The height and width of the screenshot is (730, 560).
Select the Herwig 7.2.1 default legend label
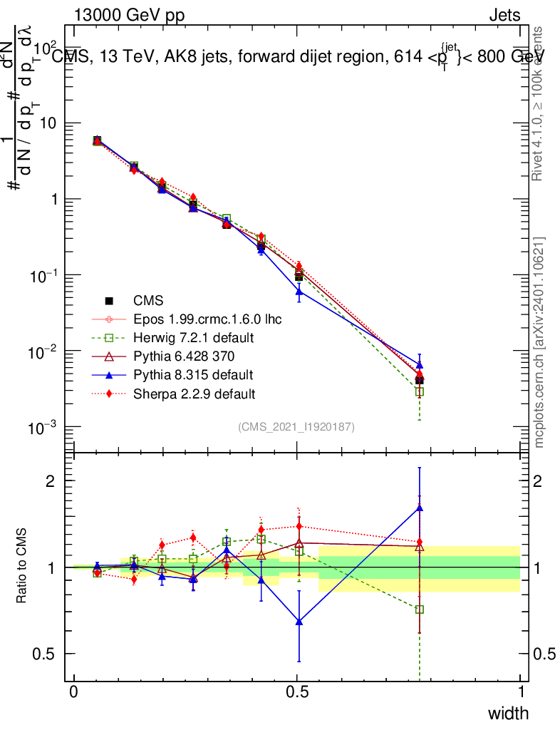[194, 337]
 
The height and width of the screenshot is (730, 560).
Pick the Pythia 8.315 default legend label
[193, 374]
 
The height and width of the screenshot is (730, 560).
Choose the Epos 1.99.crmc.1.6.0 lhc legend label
[207, 319]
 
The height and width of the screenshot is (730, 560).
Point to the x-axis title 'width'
[507, 713]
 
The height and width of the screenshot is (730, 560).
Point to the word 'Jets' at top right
[504, 15]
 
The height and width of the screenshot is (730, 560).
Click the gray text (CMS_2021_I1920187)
[296, 426]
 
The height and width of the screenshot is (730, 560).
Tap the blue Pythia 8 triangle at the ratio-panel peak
[420, 508]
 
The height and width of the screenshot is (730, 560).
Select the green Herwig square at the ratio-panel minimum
[420, 610]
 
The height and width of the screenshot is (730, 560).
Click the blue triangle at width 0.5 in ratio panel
[299, 622]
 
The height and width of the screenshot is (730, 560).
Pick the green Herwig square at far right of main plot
[420, 391]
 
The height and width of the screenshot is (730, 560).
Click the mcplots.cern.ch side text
[539, 342]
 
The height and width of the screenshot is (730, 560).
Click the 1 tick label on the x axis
[521, 692]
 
